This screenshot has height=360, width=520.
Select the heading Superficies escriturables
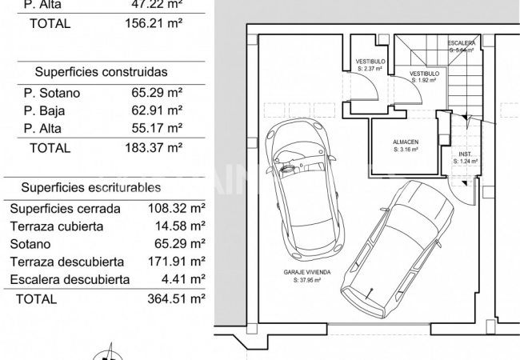(x=91, y=187)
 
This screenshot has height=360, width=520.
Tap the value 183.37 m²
(x=157, y=148)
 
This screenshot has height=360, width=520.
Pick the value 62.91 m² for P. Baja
(x=157, y=110)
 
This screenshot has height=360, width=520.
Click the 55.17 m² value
(x=157, y=128)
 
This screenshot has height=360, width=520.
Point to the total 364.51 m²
(x=168, y=299)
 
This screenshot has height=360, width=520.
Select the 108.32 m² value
(x=168, y=208)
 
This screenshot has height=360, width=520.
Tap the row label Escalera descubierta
(x=70, y=280)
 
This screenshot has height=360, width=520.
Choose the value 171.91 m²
(x=168, y=262)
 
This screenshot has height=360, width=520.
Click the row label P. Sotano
(x=52, y=93)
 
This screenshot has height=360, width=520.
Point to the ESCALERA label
(x=462, y=42)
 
